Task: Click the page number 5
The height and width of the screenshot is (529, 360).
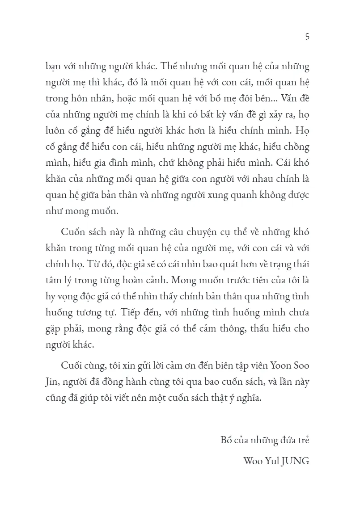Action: [x=307, y=37]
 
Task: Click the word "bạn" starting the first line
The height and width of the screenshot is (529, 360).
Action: [x=54, y=67]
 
